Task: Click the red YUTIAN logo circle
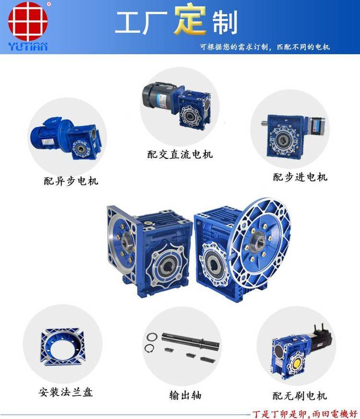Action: [28, 21]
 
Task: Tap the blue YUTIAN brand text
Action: [28, 47]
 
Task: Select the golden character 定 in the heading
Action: [190, 20]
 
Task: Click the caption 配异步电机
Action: [71, 181]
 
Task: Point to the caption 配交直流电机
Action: [180, 154]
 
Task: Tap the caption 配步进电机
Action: [300, 177]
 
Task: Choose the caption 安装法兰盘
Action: [65, 392]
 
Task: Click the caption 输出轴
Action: [185, 395]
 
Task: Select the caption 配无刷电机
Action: [300, 395]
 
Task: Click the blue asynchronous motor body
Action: [48, 135]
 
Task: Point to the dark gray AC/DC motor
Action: [158, 96]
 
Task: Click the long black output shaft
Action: [190, 341]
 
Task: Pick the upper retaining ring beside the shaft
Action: [152, 337]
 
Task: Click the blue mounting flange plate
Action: [63, 347]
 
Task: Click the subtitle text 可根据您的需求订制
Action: [234, 47]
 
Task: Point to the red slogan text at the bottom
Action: [305, 413]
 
